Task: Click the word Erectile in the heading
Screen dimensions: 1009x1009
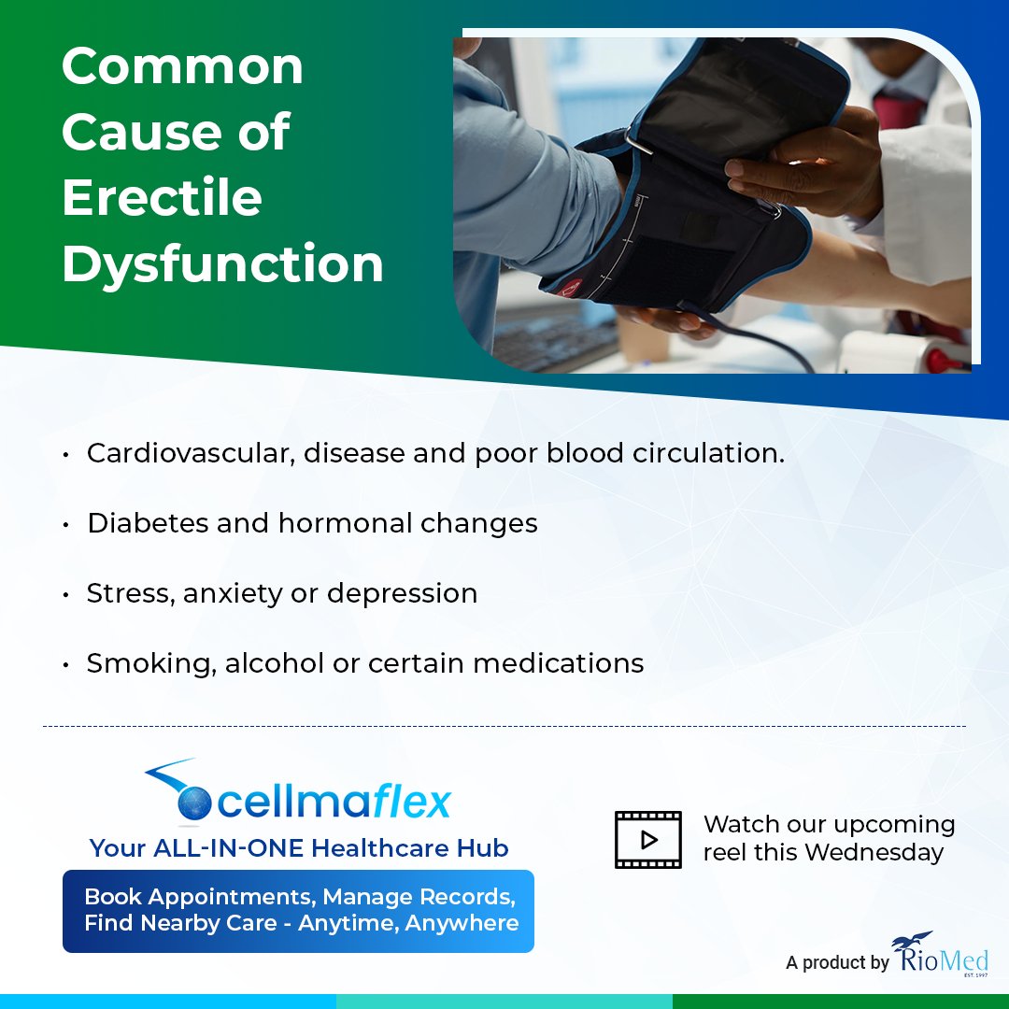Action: [162, 198]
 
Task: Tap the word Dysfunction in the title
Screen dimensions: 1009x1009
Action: [222, 264]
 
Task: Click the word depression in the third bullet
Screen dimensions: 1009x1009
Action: [402, 594]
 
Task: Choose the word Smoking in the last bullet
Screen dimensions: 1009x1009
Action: [149, 663]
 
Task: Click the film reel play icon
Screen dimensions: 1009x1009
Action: [647, 839]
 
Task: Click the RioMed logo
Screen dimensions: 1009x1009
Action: [941, 954]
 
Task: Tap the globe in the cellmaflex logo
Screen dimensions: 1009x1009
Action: [195, 803]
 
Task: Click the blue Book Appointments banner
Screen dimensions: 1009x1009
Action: [298, 911]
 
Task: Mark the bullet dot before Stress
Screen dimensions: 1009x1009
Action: [66, 595]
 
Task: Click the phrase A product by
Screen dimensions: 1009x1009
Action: [837, 962]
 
